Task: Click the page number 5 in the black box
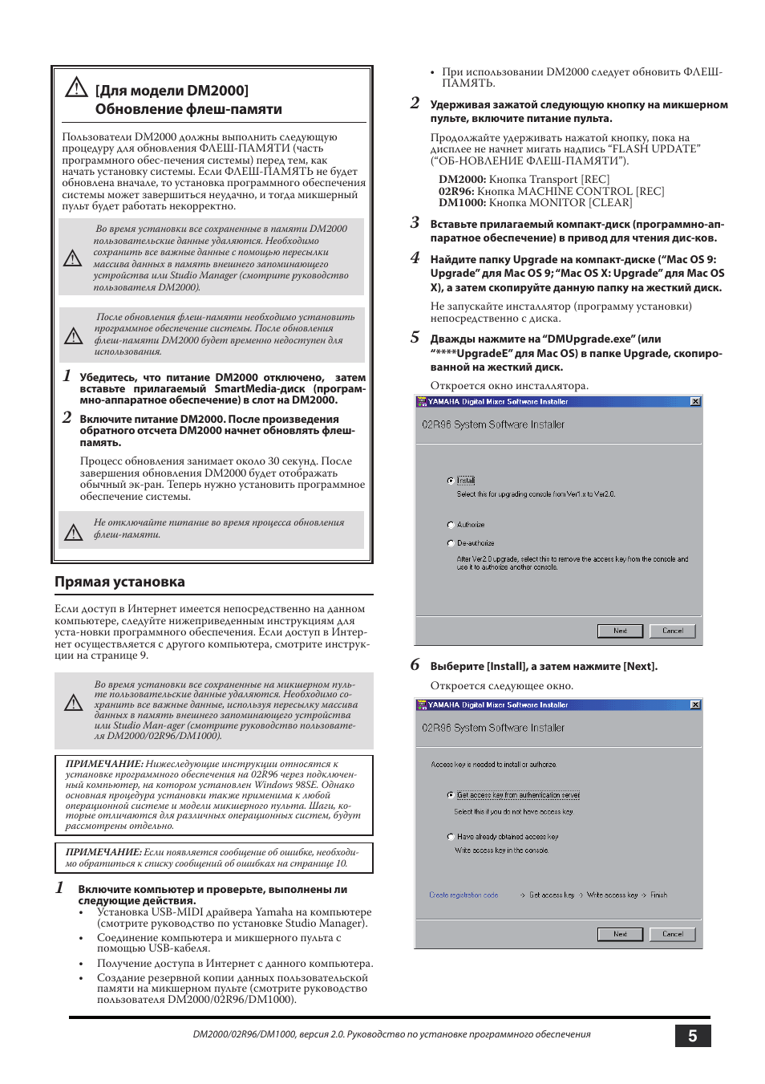click(x=692, y=1036)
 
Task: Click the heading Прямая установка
click(x=119, y=582)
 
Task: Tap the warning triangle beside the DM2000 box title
click(x=76, y=87)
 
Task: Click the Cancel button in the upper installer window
click(x=672, y=631)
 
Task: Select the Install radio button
click(x=451, y=481)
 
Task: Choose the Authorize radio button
click(x=451, y=525)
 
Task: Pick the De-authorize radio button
click(x=451, y=543)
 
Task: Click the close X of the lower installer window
click(x=695, y=704)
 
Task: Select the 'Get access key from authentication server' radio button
click(x=451, y=795)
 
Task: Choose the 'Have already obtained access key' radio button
click(x=451, y=836)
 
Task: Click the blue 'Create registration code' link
click(x=463, y=895)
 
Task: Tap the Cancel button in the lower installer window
click(x=672, y=934)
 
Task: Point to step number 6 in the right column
click(x=415, y=665)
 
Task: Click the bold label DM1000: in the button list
click(x=462, y=203)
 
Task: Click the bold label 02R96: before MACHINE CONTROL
click(x=455, y=192)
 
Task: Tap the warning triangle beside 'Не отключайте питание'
click(x=74, y=532)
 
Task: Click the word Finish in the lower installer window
click(x=658, y=895)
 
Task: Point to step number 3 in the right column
click(x=415, y=223)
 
